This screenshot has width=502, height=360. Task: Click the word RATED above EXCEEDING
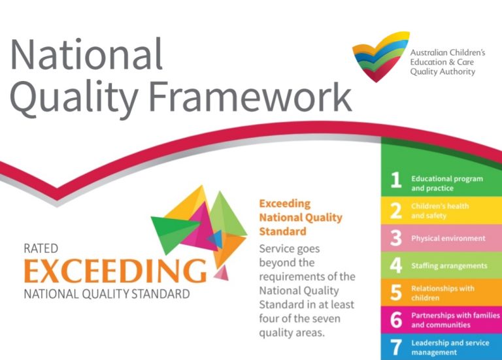point(41,248)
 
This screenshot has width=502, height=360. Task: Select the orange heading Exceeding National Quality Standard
point(300,218)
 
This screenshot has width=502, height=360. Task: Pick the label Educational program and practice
point(447,183)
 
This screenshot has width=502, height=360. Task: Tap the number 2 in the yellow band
point(396,210)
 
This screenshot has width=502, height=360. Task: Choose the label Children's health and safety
point(440,210)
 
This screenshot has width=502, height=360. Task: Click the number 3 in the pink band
point(396,238)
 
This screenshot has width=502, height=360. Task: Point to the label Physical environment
point(448,238)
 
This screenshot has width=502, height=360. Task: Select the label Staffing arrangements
point(449,266)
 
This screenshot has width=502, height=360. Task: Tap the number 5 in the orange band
point(396,293)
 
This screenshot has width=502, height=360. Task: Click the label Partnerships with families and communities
point(455,320)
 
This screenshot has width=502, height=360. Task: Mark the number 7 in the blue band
point(396,347)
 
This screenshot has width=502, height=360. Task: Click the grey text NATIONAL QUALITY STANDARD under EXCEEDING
point(107,293)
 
